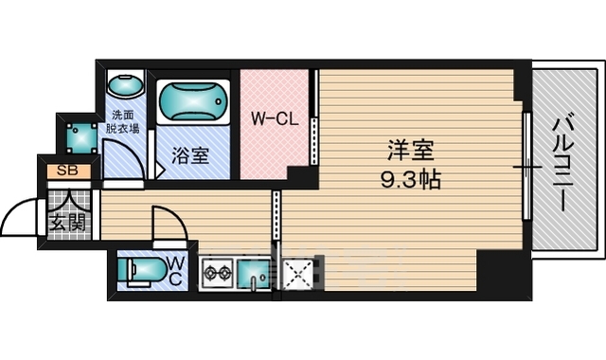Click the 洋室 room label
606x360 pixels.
tap(410, 151)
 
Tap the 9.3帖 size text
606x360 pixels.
tap(410, 179)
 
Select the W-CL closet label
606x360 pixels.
tap(275, 118)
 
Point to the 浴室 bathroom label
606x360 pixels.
tap(190, 155)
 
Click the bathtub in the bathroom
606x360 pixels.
tap(193, 101)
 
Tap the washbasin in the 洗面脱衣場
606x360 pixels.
tap(125, 85)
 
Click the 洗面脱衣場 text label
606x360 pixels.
tap(122, 122)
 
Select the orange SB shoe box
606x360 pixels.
tap(69, 171)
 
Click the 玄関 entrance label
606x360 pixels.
tap(68, 224)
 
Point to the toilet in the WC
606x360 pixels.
tap(141, 270)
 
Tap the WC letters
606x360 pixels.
tap(176, 271)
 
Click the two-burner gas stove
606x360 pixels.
tap(217, 274)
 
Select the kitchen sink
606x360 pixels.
tap(254, 274)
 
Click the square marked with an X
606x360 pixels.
tap(298, 274)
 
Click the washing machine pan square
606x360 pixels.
tap(81, 138)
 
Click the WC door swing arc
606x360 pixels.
tap(177, 215)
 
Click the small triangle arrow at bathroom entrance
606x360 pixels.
tap(160, 170)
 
